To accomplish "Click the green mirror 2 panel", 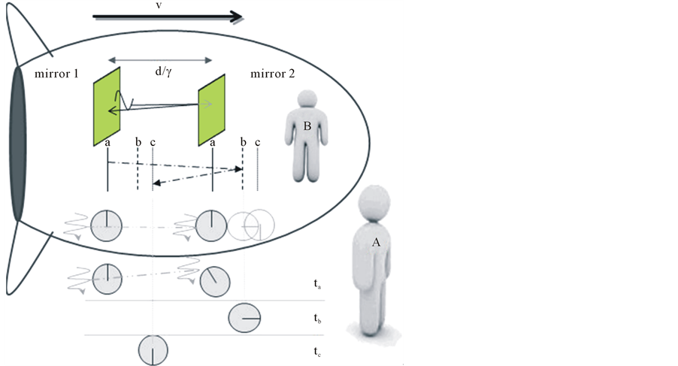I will pyautogui.click(x=213, y=110).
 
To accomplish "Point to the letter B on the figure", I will pyautogui.click(x=307, y=127).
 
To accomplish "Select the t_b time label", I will pyautogui.click(x=319, y=319).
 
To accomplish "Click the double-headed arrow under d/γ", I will pyautogui.click(x=160, y=58).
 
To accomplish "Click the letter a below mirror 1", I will pyautogui.click(x=108, y=142).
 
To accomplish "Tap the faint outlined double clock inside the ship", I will pyautogui.click(x=251, y=224).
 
